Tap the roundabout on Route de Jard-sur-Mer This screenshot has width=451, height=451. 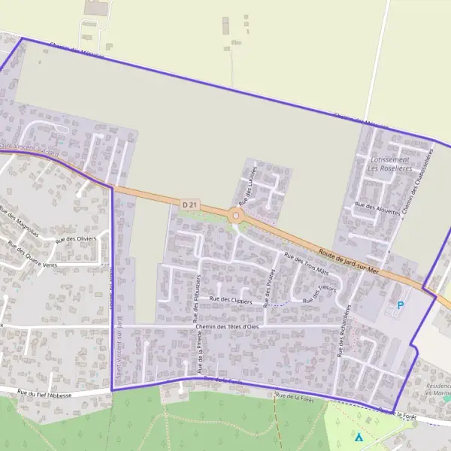click(x=237, y=216)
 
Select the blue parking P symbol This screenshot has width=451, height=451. click(x=401, y=305)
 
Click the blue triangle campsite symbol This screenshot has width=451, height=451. click(x=359, y=437)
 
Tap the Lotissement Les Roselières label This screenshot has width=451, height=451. click(x=389, y=164)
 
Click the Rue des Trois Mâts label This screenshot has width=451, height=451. click(x=307, y=264)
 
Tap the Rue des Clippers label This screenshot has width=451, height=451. click(x=231, y=300)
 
